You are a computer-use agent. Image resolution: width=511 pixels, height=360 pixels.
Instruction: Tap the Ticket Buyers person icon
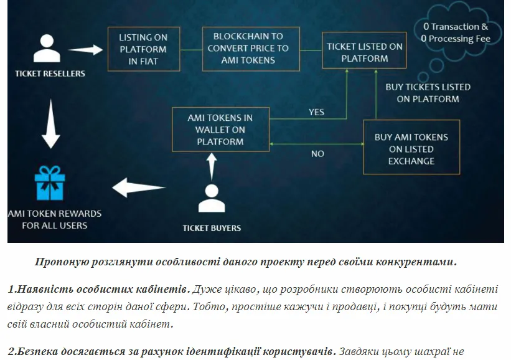coord(212,198)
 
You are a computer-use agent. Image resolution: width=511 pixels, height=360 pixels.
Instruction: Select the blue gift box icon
coord(50,183)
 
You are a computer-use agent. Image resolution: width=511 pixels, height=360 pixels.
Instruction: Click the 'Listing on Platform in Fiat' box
coord(144,49)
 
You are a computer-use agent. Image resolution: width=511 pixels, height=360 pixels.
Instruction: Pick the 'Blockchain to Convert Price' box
coord(251,49)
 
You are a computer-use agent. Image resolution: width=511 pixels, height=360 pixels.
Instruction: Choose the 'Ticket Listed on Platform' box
coord(364,50)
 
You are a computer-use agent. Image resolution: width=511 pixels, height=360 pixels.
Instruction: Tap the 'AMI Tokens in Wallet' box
coord(220,130)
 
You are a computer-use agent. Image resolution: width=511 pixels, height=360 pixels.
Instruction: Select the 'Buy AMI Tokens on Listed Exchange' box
coord(411,147)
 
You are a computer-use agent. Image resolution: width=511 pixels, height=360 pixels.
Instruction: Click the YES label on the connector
coord(316,112)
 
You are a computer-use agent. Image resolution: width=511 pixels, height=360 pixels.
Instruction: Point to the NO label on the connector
coord(317,154)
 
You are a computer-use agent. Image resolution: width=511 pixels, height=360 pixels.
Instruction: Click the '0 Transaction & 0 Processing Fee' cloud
coord(456,32)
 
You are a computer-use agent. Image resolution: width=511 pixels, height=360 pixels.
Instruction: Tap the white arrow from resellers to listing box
coord(85,50)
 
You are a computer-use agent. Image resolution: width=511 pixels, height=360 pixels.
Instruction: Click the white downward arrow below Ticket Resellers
coord(51,124)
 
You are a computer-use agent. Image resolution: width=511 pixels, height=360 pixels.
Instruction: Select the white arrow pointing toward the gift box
coord(139,187)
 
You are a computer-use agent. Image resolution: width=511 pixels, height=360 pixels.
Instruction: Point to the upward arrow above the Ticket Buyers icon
coord(212,167)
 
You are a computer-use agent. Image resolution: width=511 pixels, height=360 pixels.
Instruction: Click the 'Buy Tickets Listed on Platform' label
coord(428,93)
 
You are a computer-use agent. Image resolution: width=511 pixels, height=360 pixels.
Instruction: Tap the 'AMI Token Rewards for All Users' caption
coord(54,219)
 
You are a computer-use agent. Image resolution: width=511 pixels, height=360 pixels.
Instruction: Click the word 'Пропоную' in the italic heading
coord(62,262)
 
